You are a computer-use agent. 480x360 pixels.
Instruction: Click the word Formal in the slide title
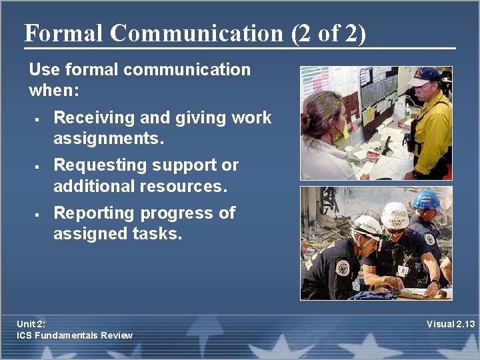pos(63,33)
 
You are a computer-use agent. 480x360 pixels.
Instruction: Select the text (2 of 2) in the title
pos(328,33)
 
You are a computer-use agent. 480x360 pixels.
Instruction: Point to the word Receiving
pos(94,118)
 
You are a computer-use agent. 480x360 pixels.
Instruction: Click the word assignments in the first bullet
pos(107,139)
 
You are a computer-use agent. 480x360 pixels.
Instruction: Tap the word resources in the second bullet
pos(189,186)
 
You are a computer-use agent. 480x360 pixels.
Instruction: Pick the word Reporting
pos(93,213)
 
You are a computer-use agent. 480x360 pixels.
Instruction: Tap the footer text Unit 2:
pos(32,324)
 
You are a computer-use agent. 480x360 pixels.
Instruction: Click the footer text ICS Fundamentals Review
pos(75,335)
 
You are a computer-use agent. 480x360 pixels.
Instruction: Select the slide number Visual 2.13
pos(451,324)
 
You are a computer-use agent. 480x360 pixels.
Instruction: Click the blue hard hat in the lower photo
pos(427,199)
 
